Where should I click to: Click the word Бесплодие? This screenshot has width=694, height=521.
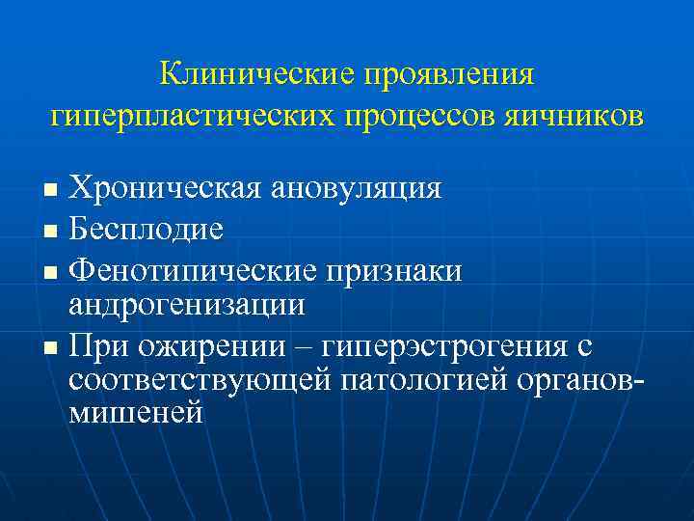pos(147,230)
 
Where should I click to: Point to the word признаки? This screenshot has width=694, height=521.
pos(399,272)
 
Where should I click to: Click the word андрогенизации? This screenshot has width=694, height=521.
pos(187,306)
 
